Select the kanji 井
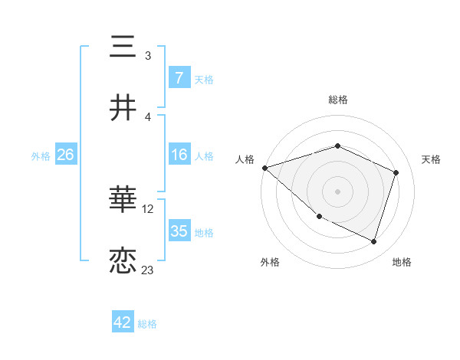(x=123, y=106)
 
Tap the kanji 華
(x=123, y=201)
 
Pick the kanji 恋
(x=123, y=260)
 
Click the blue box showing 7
(x=179, y=78)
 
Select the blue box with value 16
(x=179, y=155)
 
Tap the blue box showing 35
(x=179, y=231)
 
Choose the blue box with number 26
(x=65, y=155)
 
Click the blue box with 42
(x=123, y=322)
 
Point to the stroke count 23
(x=148, y=270)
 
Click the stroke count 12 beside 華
(x=148, y=209)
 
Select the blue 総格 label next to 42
(x=147, y=324)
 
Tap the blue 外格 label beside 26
(x=41, y=156)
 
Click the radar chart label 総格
(x=337, y=100)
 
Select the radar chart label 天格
(x=431, y=159)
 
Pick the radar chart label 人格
(x=245, y=159)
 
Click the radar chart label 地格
(x=402, y=263)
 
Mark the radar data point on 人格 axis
(x=264, y=168)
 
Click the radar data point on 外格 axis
(x=319, y=216)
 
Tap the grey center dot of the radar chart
(x=337, y=191)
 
